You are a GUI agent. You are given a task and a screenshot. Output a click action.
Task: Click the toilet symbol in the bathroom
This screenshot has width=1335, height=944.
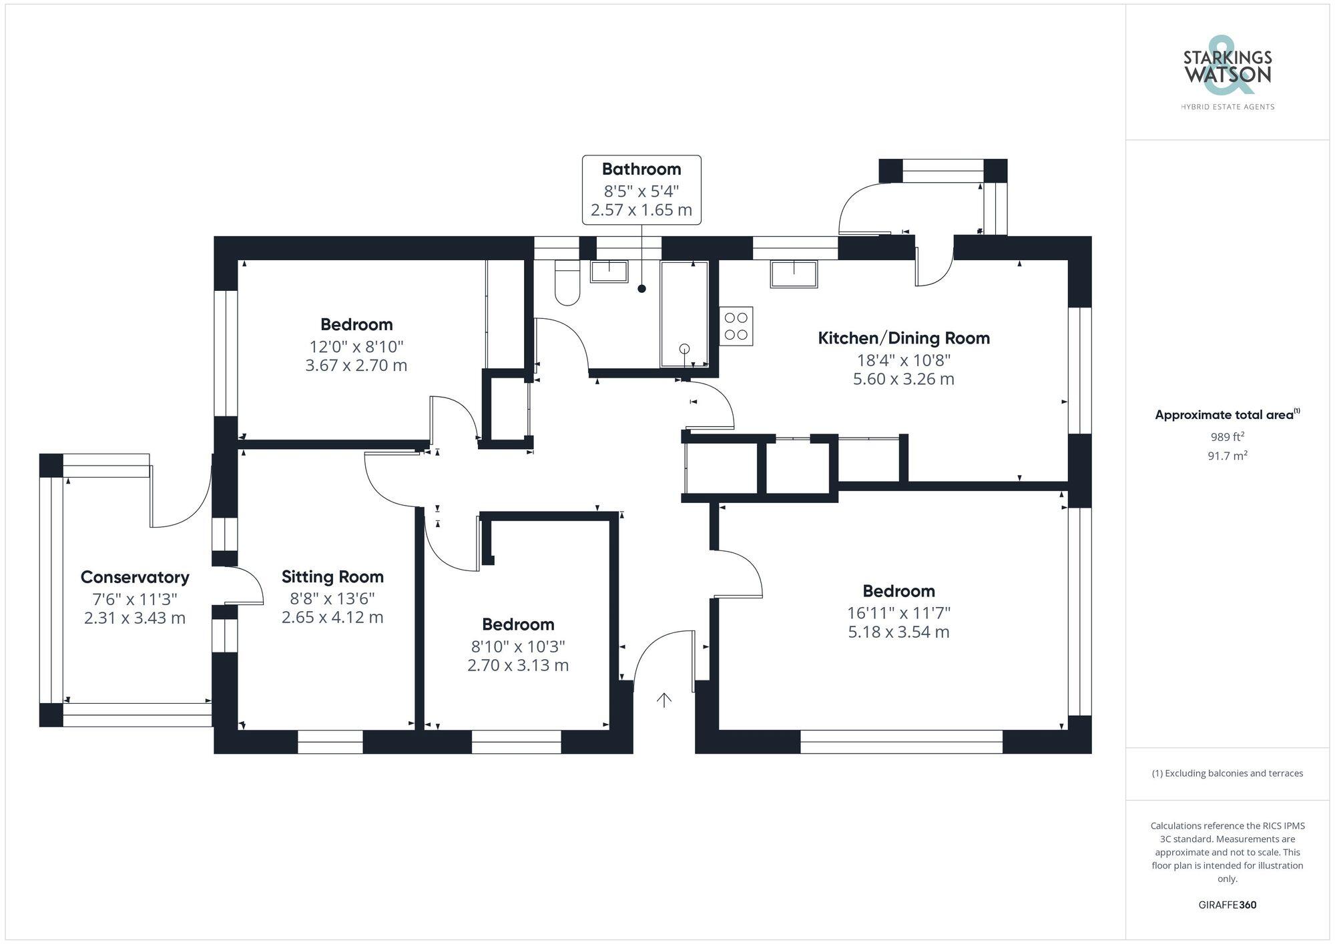tap(567, 283)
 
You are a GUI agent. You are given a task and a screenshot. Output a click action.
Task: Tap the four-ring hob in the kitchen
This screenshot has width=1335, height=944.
tap(736, 326)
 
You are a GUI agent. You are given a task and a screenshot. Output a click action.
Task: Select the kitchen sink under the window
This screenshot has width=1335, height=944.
tap(794, 274)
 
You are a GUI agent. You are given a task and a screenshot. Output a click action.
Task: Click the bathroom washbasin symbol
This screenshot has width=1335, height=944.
tap(609, 272)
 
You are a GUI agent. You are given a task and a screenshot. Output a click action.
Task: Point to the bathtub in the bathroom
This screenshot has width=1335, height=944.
tap(684, 314)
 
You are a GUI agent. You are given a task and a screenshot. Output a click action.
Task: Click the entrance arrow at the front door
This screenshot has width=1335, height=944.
tap(663, 700)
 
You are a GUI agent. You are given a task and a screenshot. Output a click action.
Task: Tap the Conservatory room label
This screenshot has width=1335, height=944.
tap(135, 577)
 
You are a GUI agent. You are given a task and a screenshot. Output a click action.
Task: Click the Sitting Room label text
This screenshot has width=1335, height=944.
tap(332, 576)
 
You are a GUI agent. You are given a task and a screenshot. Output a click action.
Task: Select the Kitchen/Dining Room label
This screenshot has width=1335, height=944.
tap(904, 338)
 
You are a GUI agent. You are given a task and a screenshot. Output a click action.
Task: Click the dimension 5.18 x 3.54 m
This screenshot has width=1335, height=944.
tap(898, 632)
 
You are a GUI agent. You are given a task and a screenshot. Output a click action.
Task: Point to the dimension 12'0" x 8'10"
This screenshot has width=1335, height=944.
tap(356, 346)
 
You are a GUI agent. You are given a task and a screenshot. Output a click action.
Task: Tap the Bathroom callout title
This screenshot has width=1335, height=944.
tap(641, 169)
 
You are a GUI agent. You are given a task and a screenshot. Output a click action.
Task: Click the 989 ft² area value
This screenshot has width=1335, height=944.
tap(1227, 437)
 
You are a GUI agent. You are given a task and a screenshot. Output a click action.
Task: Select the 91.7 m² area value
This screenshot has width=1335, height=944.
tap(1227, 456)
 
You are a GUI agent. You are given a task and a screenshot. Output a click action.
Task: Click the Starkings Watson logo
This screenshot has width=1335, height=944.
tap(1227, 73)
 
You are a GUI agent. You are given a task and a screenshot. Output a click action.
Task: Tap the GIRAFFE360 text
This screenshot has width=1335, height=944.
tap(1227, 905)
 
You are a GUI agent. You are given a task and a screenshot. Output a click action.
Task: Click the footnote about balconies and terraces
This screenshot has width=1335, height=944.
tap(1227, 773)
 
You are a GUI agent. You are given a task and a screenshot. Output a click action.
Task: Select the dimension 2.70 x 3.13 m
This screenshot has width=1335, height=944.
tap(518, 665)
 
